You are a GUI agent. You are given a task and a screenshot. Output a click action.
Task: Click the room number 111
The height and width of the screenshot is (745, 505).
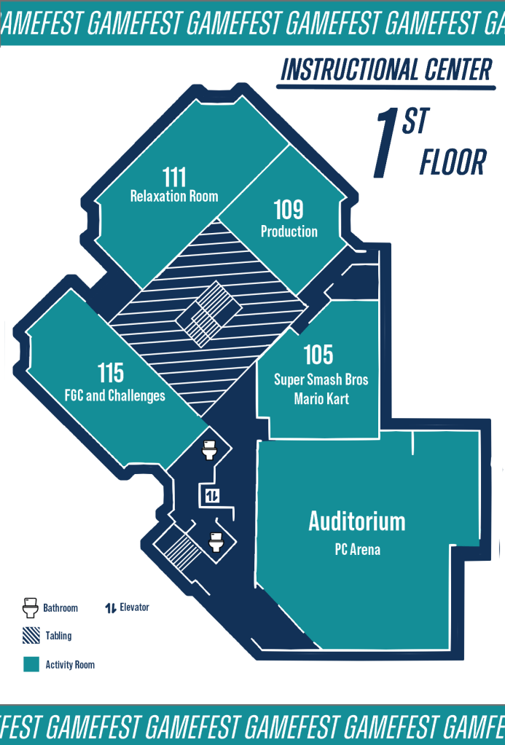pos(174,177)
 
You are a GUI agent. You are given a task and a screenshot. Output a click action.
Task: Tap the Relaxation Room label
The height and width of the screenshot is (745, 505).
pos(174,196)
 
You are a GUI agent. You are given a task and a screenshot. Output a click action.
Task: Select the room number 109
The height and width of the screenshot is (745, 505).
pos(289,210)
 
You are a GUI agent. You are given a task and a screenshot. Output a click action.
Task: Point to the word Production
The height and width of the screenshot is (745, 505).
pos(289,232)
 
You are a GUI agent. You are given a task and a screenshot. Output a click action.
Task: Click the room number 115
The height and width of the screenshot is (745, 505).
pos(111,373)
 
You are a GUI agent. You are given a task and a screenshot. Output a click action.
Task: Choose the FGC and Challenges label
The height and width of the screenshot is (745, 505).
pos(115,395)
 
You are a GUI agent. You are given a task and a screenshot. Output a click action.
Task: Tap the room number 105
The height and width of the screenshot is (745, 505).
pos(318,355)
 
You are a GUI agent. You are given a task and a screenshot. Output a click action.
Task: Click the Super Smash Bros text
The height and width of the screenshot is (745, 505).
pos(321,379)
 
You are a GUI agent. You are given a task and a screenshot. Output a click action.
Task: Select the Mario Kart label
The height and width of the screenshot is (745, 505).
pos(321,398)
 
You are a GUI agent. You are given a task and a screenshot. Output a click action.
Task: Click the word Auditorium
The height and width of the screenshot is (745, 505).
pos(357,521)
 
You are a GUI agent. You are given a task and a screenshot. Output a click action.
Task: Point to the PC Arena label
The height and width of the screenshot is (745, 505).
pos(358,550)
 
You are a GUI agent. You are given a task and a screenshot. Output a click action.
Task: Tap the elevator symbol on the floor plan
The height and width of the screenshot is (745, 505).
pos(212,496)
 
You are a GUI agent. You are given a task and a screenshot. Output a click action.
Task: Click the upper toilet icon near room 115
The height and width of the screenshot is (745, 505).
pos(209,450)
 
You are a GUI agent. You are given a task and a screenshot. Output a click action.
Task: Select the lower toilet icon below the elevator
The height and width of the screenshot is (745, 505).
pos(216,542)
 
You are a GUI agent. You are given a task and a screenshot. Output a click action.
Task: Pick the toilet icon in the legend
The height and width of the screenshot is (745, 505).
pos(31,607)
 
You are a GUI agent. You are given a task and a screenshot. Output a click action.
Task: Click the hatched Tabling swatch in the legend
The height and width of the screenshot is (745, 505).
pos(31,636)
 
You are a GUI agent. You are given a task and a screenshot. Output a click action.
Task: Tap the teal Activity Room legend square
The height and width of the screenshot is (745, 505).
pos(31,664)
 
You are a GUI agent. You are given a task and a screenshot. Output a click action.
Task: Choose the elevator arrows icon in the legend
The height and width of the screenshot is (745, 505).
pos(111,607)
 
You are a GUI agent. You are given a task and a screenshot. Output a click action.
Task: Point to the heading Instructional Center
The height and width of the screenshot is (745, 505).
pos(386,71)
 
